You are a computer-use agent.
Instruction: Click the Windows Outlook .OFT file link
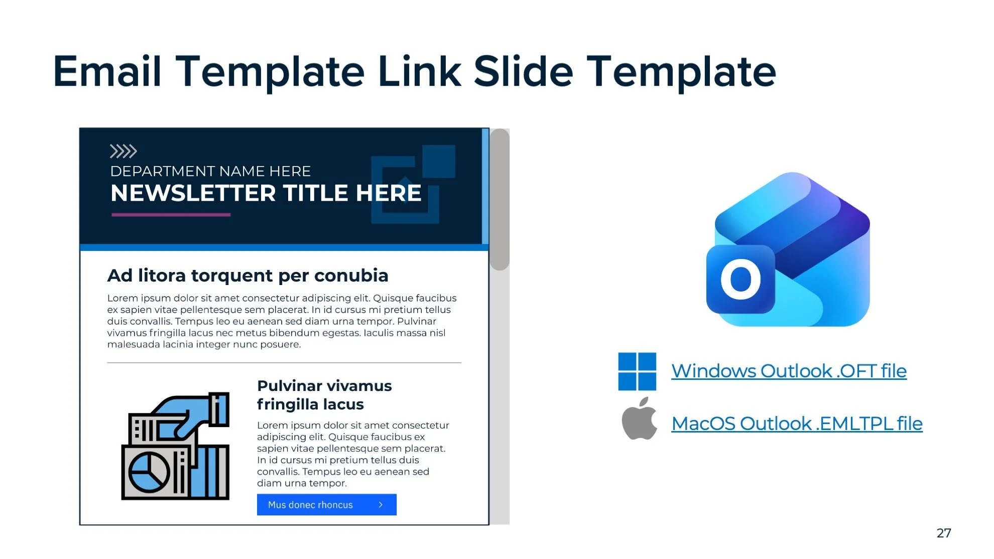coord(788,371)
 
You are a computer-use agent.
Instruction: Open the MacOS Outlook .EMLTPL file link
coord(797,424)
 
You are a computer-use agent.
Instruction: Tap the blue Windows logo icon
coord(637,371)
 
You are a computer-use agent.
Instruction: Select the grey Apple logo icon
coord(639,420)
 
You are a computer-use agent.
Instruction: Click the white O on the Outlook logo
coord(740,279)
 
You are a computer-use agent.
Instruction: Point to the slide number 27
coord(943,533)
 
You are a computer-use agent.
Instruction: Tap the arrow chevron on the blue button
coord(381,505)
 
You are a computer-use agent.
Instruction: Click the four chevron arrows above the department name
coord(123,151)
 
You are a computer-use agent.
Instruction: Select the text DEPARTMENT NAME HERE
coord(210,172)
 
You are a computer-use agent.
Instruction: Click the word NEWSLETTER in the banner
coord(193,194)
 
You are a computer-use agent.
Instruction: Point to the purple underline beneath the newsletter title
coord(171,215)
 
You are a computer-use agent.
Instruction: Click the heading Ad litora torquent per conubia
coord(247,275)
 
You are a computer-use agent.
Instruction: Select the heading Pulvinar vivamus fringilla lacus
coord(324,395)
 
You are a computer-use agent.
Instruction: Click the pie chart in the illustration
coord(149,473)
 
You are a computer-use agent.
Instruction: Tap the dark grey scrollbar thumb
coord(500,199)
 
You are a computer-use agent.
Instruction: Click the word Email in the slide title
coord(107,72)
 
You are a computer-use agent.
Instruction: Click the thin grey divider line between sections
coord(284,362)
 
